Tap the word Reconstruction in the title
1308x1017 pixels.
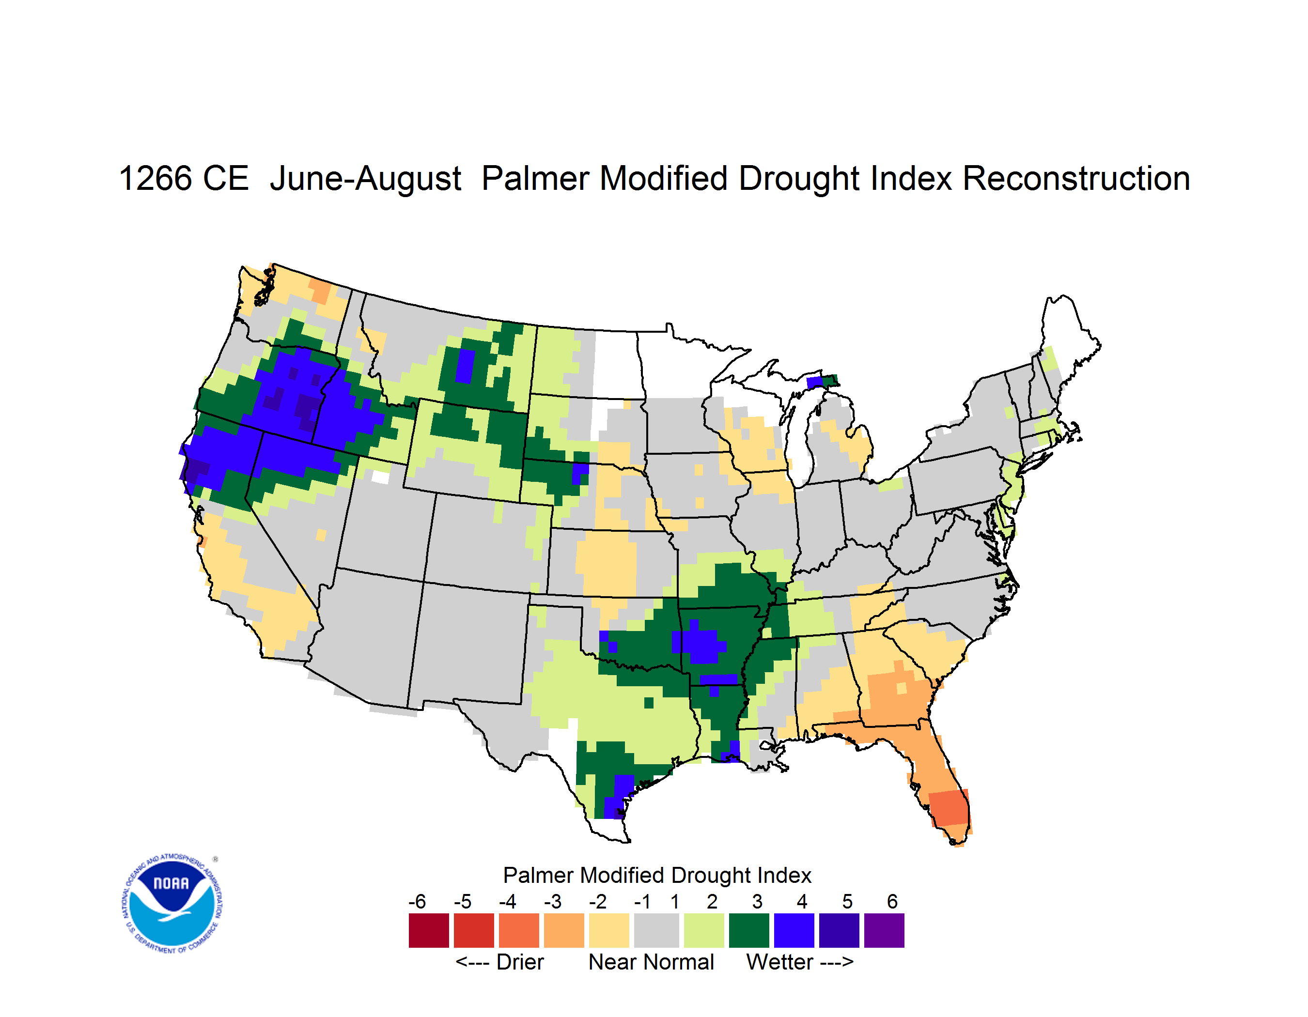[x=1075, y=178]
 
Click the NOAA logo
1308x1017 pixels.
[x=172, y=903]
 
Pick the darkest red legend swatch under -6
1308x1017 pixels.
[x=429, y=930]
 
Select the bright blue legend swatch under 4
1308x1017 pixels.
[x=794, y=930]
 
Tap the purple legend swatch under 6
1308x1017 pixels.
[x=884, y=930]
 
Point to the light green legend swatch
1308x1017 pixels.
[x=704, y=930]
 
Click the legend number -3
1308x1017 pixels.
[x=553, y=901]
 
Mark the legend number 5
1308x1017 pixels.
[x=847, y=901]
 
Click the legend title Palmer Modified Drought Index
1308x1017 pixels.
[x=657, y=875]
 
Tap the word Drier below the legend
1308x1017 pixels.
[x=520, y=962]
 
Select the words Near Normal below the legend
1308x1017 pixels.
[x=651, y=962]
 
